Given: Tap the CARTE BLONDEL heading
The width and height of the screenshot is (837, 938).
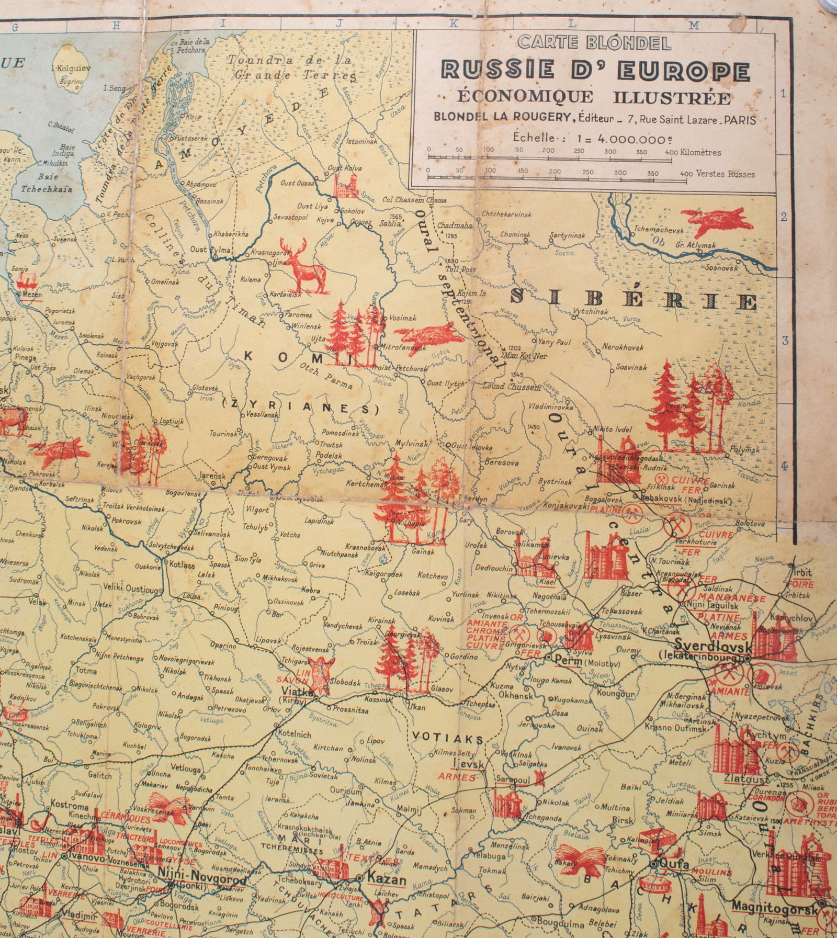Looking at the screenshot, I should point(594,43).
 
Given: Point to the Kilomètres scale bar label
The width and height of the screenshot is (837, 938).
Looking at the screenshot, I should point(701,153).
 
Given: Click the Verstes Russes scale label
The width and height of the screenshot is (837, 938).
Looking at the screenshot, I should point(725,174).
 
